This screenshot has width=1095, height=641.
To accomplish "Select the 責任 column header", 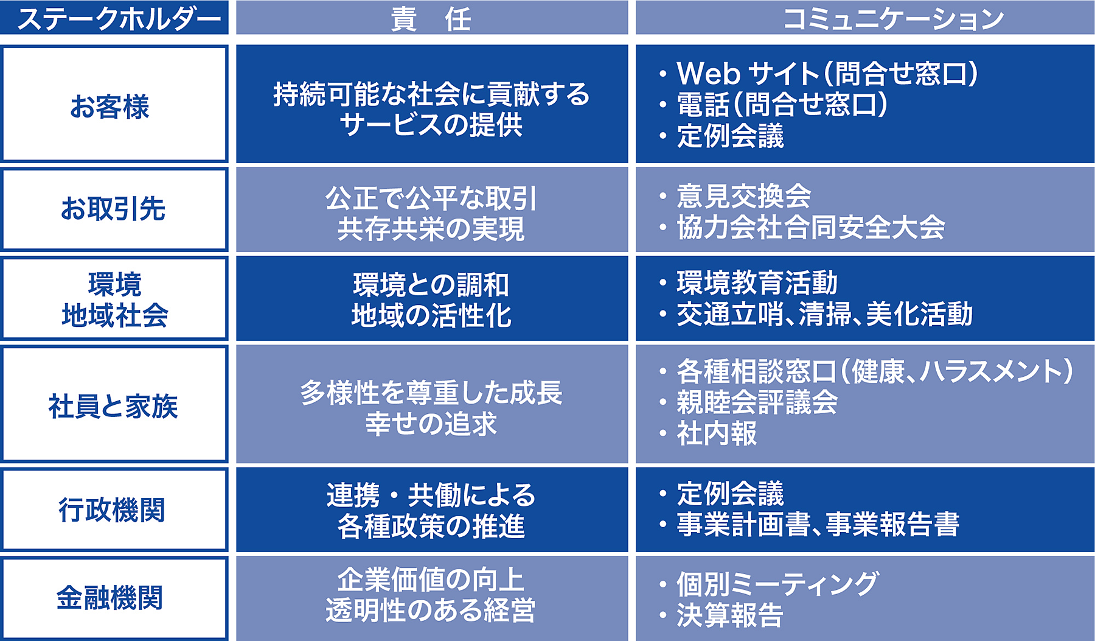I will coord(431,18).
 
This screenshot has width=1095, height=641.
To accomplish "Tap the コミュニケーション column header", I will coord(893,18).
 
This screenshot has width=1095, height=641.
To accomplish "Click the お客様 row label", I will coord(110,107).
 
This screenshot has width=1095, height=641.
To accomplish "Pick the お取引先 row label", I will coord(113,209).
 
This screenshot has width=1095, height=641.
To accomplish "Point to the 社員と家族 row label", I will coord(113,406).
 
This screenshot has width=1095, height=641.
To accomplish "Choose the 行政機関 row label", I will coord(112,510).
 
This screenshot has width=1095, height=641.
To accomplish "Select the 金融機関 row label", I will coord(110,598).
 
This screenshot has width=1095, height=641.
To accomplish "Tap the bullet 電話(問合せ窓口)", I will coord(782,104).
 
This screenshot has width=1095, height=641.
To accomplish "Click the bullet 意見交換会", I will coord(743,196).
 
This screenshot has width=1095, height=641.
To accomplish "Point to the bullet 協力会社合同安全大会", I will coord(810,227).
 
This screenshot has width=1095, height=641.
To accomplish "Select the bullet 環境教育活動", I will coord(757,283).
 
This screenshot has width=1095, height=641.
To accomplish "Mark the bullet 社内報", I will coord(717,433).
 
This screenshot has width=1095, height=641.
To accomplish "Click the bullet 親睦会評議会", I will coord(757,402).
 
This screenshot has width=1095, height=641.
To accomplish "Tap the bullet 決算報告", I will coord(730,615).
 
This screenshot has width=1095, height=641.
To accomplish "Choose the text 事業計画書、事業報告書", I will coord(818,524).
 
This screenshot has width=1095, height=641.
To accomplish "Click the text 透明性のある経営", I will coord(431,611).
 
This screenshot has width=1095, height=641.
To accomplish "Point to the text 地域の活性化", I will coord(431,315).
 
